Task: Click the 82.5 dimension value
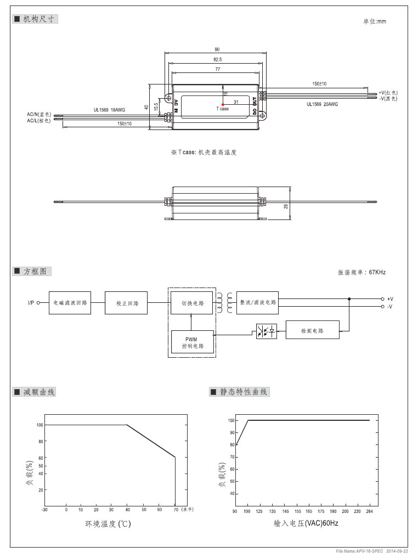pyautogui.click(x=218, y=59)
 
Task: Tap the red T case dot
pyautogui.click(x=223, y=104)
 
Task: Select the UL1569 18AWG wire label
pyautogui.click(x=108, y=110)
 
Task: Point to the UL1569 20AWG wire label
pyautogui.click(x=322, y=104)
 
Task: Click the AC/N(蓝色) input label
pyautogui.click(x=39, y=115)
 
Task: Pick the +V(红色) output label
pyautogui.click(x=388, y=93)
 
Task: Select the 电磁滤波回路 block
pyautogui.click(x=70, y=303)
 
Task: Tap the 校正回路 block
pyautogui.click(x=126, y=303)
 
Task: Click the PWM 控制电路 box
pyautogui.click(x=191, y=343)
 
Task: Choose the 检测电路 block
pyautogui.click(x=312, y=331)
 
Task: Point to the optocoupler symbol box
pyautogui.click(x=267, y=331)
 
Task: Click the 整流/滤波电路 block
pyautogui.click(x=257, y=303)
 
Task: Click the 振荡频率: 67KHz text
pyautogui.click(x=361, y=272)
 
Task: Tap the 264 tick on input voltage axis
pyautogui.click(x=369, y=511)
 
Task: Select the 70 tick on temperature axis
pyautogui.click(x=175, y=510)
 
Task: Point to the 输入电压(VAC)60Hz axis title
pyautogui.click(x=306, y=523)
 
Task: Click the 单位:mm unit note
pyautogui.click(x=375, y=21)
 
